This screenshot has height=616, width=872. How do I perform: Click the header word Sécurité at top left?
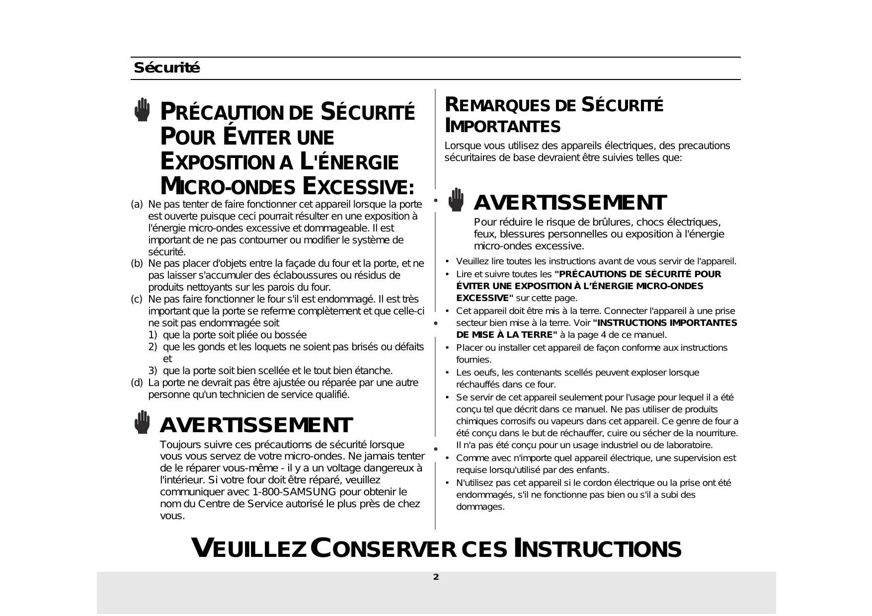(166, 68)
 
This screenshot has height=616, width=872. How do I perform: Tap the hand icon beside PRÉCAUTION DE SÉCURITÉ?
(142, 110)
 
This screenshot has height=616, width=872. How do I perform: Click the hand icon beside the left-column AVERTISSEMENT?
(142, 422)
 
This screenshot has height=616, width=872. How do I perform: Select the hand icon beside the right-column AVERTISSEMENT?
(456, 200)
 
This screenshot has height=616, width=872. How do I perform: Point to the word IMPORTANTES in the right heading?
(502, 127)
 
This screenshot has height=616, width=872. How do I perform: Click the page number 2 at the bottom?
(436, 577)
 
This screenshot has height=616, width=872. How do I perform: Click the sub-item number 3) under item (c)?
(153, 371)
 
